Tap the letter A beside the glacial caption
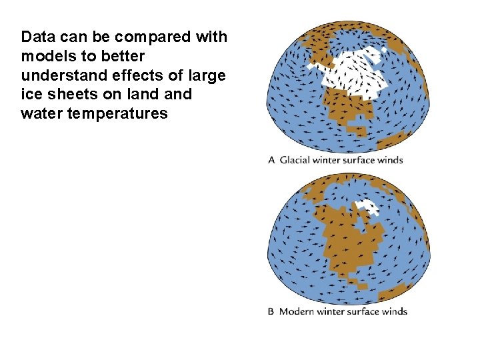(271, 160)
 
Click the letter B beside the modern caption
(271, 311)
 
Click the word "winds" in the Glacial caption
(391, 160)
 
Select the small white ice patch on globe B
(368, 207)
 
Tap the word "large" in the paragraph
(207, 75)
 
